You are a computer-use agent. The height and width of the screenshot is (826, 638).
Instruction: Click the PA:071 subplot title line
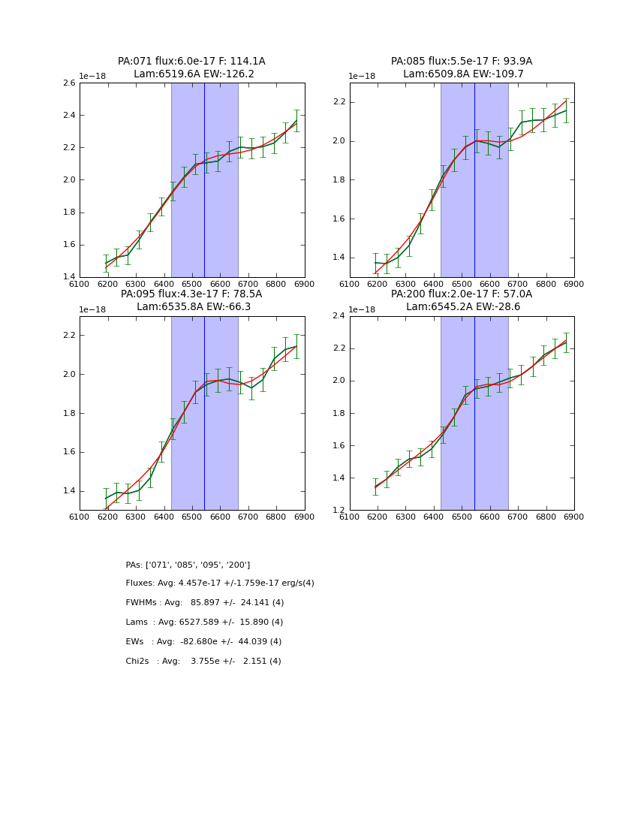pyautogui.click(x=191, y=62)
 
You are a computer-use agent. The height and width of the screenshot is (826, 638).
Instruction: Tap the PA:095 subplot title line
pyautogui.click(x=191, y=294)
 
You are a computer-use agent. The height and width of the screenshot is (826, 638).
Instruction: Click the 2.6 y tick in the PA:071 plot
pyautogui.click(x=68, y=83)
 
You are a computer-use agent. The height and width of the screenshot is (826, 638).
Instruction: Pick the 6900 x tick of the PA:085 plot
pyautogui.click(x=573, y=284)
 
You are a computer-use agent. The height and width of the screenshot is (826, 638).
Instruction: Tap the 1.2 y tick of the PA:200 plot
pyautogui.click(x=338, y=511)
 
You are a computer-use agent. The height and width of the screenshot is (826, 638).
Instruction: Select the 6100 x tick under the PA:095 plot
pyautogui.click(x=80, y=517)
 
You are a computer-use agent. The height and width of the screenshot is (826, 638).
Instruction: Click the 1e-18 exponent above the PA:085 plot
pyautogui.click(x=362, y=77)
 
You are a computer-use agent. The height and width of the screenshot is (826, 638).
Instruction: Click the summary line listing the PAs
pyautogui.click(x=188, y=565)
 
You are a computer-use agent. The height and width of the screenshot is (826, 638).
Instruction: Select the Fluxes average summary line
pyautogui.click(x=220, y=583)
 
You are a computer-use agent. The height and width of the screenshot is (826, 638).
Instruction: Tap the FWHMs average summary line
pyautogui.click(x=205, y=603)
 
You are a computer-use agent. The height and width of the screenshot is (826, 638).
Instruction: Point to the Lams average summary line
pyautogui.click(x=204, y=623)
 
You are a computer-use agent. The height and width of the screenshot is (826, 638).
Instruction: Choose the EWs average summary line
pyautogui.click(x=203, y=642)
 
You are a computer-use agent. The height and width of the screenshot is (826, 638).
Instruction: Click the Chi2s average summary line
pyautogui.click(x=203, y=662)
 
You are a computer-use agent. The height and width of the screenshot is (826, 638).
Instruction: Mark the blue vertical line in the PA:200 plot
pyautogui.click(x=474, y=413)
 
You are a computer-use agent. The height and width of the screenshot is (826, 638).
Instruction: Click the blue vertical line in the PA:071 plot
pyautogui.click(x=204, y=180)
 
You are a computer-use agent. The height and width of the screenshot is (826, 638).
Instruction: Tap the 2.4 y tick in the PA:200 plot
pyautogui.click(x=338, y=316)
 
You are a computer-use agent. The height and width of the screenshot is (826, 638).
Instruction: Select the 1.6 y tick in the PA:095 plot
pyautogui.click(x=68, y=452)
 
